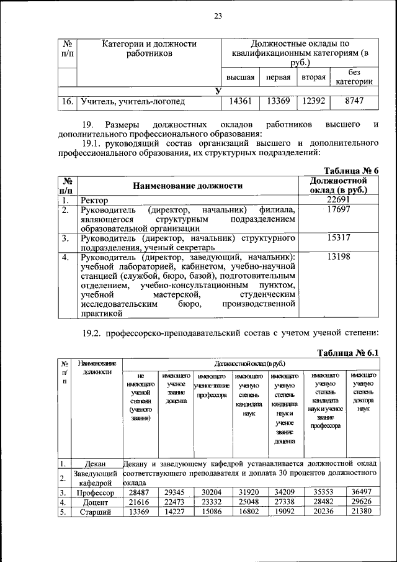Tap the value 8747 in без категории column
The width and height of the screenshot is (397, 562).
click(354, 101)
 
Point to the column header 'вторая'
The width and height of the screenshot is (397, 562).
click(314, 78)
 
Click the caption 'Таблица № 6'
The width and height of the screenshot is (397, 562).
click(352, 171)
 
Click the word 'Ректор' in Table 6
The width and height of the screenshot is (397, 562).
click(94, 201)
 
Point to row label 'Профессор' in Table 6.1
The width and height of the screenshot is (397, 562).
click(97, 492)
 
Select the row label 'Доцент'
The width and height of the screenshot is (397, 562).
click(97, 502)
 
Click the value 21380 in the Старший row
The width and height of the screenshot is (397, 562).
click(363, 512)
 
